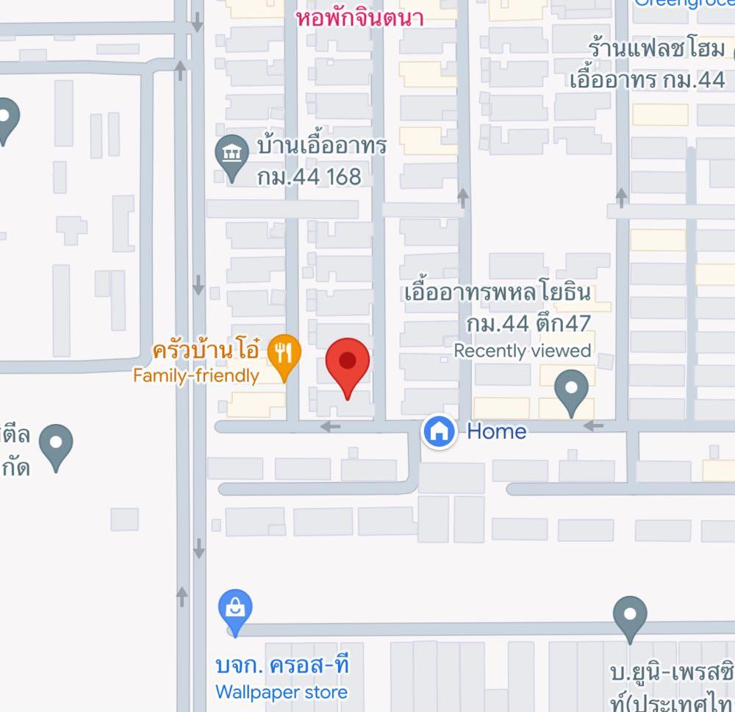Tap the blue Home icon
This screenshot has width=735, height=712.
click(x=439, y=431)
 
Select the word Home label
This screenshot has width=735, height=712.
click(x=497, y=431)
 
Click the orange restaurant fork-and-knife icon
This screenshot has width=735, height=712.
click(x=283, y=353)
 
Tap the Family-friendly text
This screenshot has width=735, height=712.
click(x=196, y=376)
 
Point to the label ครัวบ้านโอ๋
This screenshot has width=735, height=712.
click(x=205, y=350)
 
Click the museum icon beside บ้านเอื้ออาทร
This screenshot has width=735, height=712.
click(x=232, y=155)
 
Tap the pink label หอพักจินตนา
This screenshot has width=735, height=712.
click(x=360, y=18)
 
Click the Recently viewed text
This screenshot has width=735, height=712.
click(x=522, y=351)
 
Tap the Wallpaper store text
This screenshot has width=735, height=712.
click(x=282, y=692)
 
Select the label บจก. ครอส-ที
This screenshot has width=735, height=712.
click(x=282, y=666)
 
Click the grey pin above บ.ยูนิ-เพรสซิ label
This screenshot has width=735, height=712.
click(x=630, y=616)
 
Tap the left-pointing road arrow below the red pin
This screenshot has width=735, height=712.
click(x=331, y=426)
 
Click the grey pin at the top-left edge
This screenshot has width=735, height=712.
click(x=8, y=118)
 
